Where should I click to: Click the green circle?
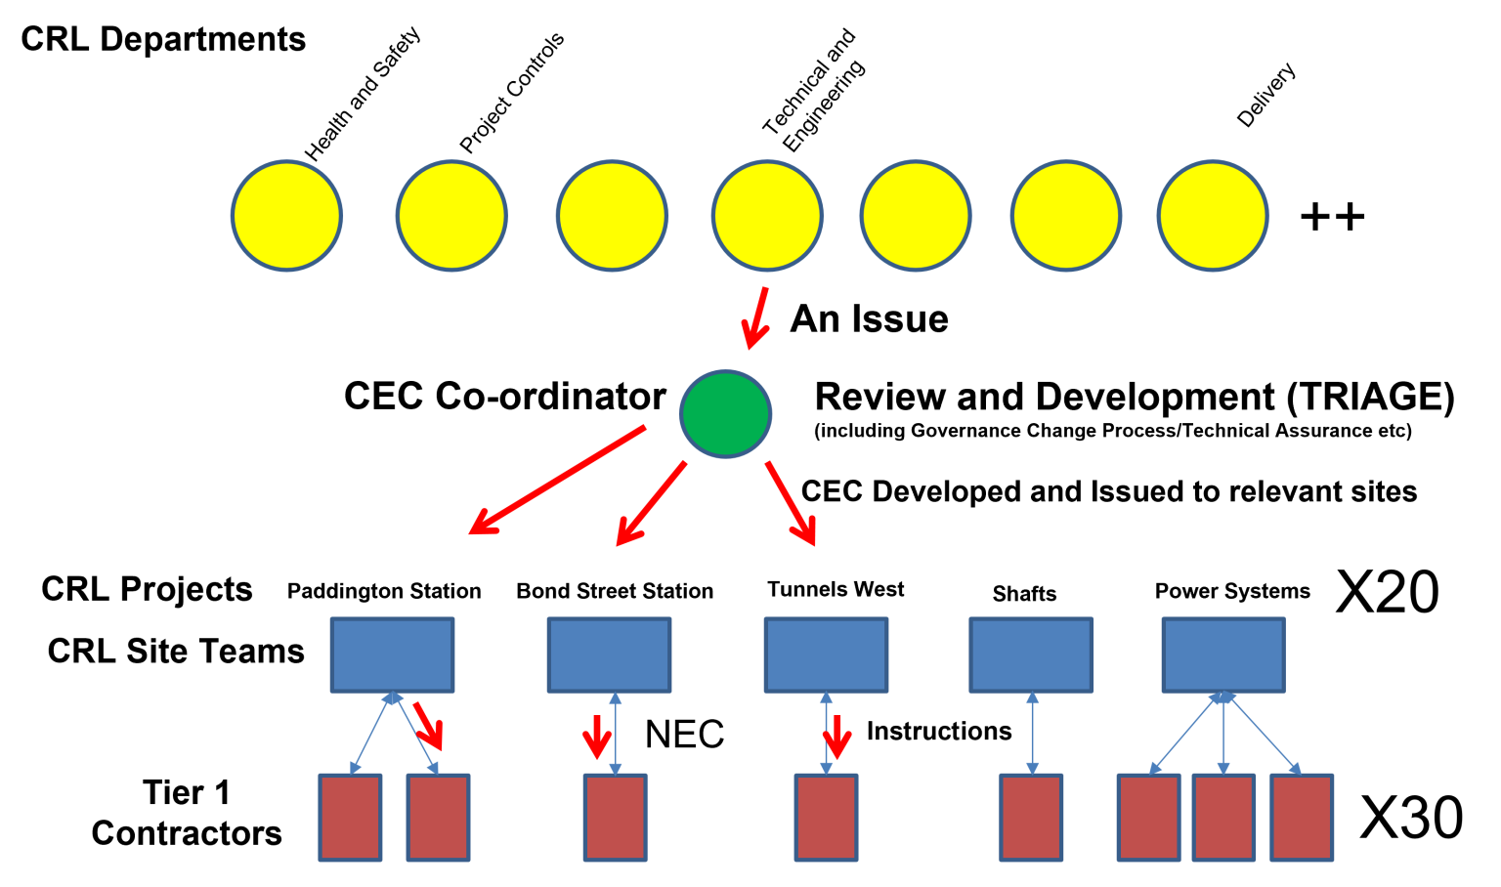725,414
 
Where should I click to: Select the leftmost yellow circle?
286,216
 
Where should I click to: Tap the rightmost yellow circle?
1212,216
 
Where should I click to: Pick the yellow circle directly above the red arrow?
767,216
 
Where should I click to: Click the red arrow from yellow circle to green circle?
756,317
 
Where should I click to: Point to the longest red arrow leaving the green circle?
557,480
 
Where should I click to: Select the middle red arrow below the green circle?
651,503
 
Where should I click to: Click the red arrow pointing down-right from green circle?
791,503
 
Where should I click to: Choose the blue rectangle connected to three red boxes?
1222,655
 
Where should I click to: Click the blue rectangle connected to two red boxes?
392,655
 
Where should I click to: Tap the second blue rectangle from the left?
609,655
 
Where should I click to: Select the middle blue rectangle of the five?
826,655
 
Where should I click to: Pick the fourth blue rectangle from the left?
1031,655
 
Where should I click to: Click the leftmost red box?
350,818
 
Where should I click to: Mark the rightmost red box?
1302,818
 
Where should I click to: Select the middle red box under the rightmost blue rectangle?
1223,818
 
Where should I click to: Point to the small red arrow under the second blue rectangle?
596,737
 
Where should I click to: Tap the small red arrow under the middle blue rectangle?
837,737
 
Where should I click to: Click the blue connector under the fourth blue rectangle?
1032,733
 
